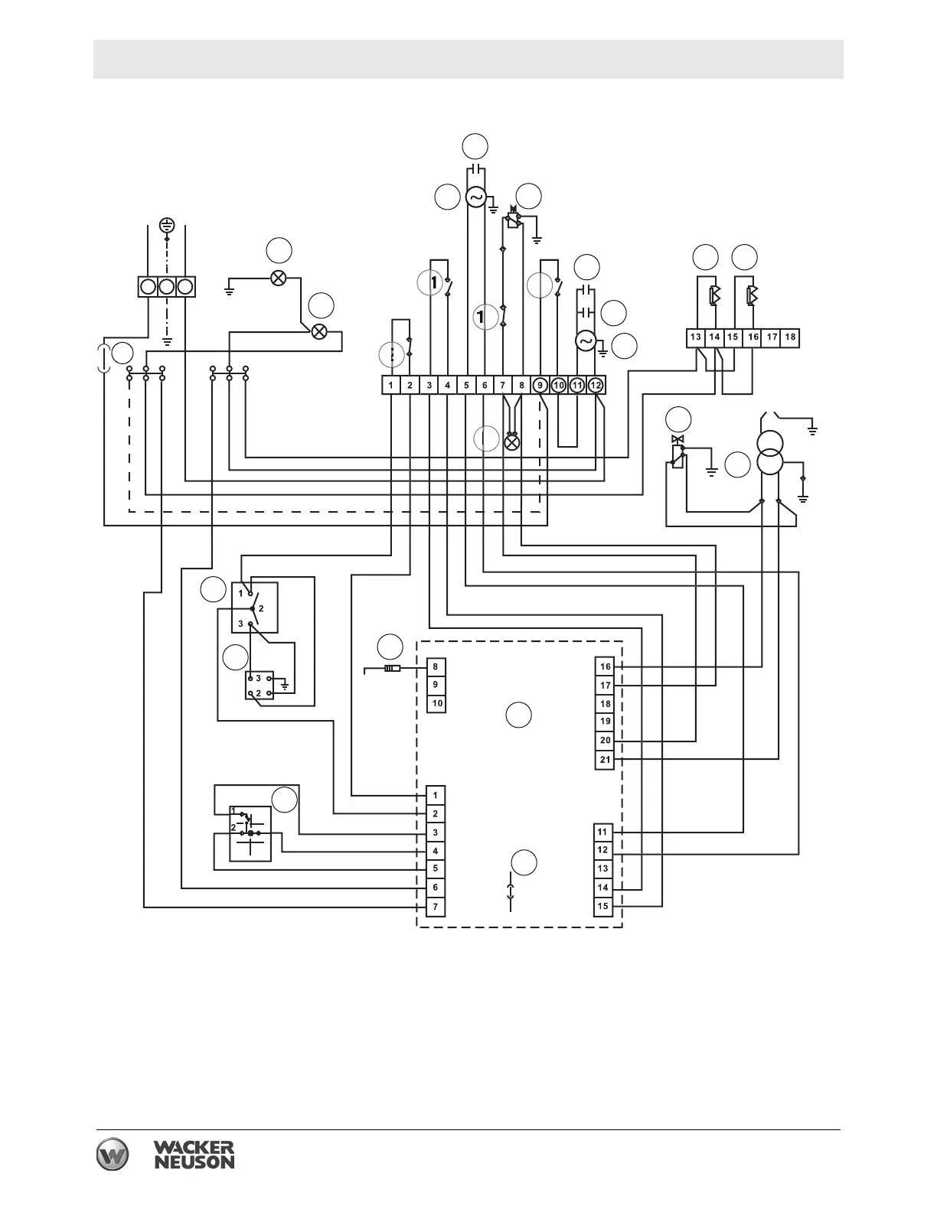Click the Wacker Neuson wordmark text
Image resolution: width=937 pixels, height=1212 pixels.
(x=194, y=1155)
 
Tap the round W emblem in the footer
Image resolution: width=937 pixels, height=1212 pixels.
(x=113, y=1155)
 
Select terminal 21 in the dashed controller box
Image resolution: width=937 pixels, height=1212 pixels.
(x=605, y=760)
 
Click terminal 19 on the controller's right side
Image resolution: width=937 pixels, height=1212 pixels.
(x=605, y=722)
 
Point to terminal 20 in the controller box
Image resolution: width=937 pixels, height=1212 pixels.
(x=605, y=741)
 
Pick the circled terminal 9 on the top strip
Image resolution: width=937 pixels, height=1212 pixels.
(x=540, y=385)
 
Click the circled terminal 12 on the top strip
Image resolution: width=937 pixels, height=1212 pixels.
(x=596, y=385)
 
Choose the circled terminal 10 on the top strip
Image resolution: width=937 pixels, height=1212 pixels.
(x=559, y=385)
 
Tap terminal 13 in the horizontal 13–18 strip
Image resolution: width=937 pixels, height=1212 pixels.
(x=695, y=337)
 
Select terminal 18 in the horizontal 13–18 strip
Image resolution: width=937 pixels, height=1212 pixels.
(x=790, y=337)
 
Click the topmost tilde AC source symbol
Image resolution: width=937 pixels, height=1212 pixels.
(x=475, y=197)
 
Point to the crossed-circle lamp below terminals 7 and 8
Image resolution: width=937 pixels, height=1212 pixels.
(x=512, y=441)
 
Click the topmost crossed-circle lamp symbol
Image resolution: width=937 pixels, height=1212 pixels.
(x=279, y=277)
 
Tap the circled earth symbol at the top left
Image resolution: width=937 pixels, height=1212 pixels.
(x=167, y=225)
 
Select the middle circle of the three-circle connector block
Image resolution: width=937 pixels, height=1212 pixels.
(x=167, y=287)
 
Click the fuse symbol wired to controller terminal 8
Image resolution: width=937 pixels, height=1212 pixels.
(x=392, y=669)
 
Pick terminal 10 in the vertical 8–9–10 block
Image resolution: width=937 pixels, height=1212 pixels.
(x=436, y=703)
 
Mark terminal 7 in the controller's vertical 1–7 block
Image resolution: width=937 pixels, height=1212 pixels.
(x=436, y=907)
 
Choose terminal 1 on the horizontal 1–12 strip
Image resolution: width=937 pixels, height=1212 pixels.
(x=391, y=385)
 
